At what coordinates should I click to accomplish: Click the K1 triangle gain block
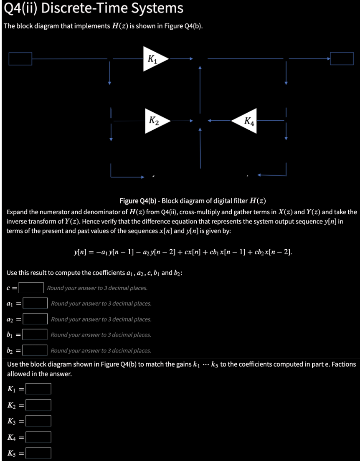click(153, 59)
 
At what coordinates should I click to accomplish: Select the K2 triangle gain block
click(155, 122)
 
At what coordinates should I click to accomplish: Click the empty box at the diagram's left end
click(20, 59)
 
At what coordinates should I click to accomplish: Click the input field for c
click(31, 288)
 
